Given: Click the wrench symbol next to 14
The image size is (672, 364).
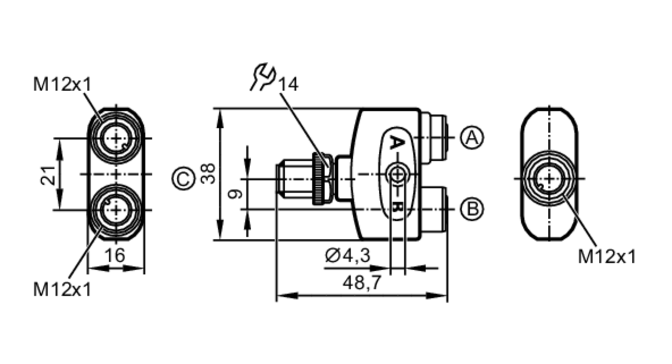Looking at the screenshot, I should tap(263, 77).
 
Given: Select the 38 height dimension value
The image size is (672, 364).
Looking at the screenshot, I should tap(208, 174).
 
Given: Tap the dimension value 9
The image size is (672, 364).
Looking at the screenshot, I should tap(235, 194).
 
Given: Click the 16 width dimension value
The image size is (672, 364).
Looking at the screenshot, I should tap(115, 256).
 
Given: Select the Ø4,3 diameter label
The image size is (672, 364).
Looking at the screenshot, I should tap(347, 256).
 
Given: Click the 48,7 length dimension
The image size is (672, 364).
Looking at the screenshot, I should tap(362, 282).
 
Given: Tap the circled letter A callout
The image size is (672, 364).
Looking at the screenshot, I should tap(472, 138).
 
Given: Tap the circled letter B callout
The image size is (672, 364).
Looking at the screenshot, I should tap(472, 209).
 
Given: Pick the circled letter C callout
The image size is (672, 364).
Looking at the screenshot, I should tap(183, 179).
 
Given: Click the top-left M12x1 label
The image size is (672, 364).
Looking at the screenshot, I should tap(62, 84).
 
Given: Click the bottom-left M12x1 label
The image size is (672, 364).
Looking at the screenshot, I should tap(62, 289).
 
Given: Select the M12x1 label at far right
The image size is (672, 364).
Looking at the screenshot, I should tap(607, 257).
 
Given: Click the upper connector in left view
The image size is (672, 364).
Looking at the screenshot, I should tap(116, 138).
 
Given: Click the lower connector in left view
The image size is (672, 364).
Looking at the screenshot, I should tap(116, 210).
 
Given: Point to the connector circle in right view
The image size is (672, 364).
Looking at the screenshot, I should tap(549, 179).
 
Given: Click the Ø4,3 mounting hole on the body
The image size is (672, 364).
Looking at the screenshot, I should tap(398, 174).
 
